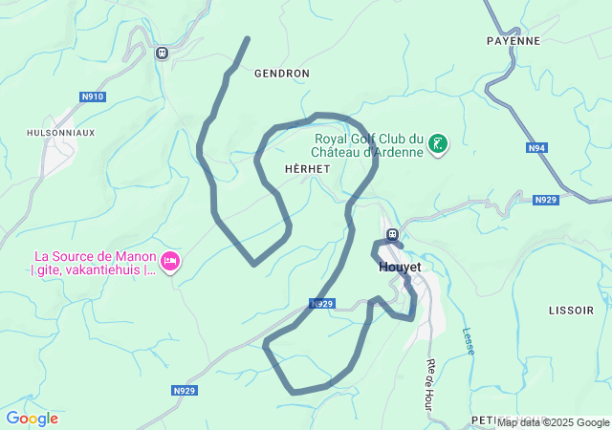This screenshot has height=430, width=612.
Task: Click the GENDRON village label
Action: click(281, 74)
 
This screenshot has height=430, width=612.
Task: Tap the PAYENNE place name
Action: click(513, 41)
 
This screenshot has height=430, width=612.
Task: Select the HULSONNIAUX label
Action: click(61, 133)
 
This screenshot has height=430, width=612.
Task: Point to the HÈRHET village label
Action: click(307, 168)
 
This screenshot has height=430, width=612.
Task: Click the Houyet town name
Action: click(400, 268)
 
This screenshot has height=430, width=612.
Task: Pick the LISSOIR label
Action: click(572, 311)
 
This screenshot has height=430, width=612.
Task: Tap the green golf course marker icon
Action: click(438, 144)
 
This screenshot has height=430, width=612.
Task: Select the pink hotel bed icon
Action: click(170, 261)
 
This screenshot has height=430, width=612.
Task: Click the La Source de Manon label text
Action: click(95, 263)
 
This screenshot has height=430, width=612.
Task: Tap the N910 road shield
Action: click(93, 97)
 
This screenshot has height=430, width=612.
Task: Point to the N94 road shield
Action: click(536, 148)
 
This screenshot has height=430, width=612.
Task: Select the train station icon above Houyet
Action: click(391, 235)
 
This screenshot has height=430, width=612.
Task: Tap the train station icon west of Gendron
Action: click(162, 53)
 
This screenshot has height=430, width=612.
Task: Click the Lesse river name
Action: click(469, 341)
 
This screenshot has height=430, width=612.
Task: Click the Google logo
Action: click(32, 419)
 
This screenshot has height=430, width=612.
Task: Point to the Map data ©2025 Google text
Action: click(553, 422)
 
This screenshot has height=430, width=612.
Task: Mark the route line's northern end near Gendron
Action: click(248, 39)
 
